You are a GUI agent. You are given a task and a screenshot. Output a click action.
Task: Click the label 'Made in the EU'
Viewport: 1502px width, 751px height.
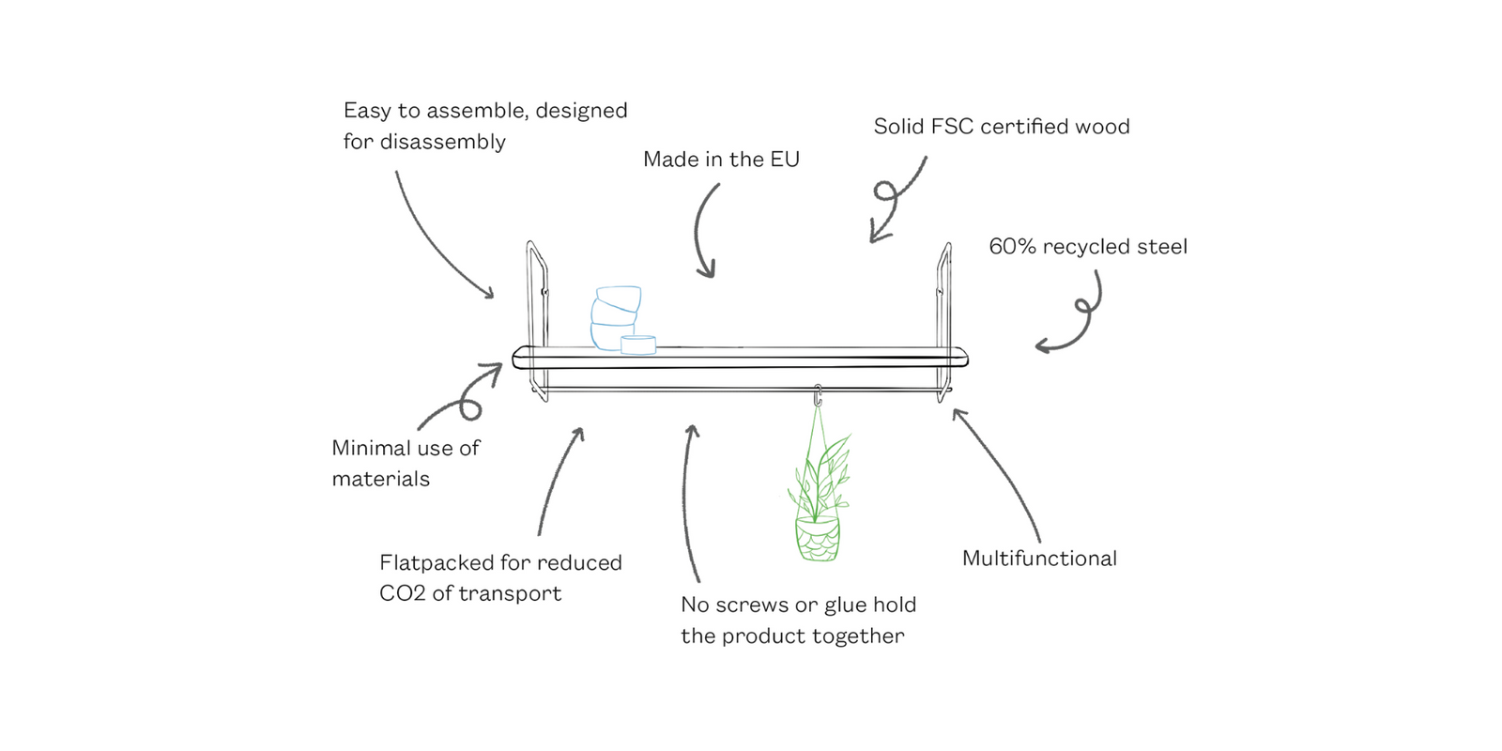click(x=721, y=160)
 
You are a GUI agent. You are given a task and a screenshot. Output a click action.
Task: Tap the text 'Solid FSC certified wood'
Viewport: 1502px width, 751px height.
click(x=1001, y=127)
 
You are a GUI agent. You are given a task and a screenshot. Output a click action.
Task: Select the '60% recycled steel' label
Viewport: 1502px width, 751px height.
click(x=1087, y=247)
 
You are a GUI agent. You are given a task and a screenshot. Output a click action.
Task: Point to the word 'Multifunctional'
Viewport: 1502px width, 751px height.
click(x=1039, y=559)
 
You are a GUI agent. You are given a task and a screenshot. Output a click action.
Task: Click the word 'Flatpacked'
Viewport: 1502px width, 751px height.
click(x=437, y=563)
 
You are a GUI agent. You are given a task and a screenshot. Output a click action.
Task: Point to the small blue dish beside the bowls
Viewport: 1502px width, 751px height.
click(x=638, y=345)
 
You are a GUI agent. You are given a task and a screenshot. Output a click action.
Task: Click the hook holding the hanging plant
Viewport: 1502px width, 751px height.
click(x=818, y=394)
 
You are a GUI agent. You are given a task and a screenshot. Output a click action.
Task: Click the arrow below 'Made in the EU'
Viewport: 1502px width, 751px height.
click(x=704, y=230)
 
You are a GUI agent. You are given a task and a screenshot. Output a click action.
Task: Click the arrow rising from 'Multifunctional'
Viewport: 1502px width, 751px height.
click(x=1000, y=469)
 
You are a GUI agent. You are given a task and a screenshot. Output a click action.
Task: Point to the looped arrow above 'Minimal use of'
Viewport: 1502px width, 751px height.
click(x=465, y=399)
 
